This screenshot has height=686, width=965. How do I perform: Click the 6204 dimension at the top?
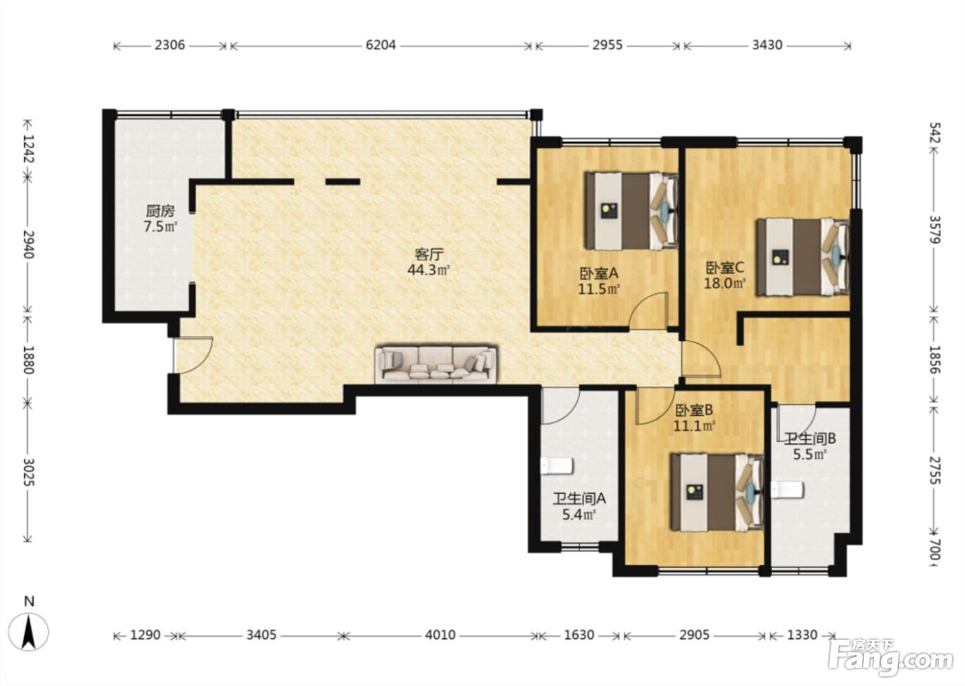[380, 45]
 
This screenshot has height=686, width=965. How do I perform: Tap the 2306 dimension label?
[170, 45]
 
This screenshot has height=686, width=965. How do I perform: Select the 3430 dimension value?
[767, 45]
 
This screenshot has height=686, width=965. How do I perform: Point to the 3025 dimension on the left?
[28, 472]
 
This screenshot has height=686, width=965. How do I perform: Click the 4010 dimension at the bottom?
[440, 635]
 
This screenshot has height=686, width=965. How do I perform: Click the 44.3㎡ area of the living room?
[429, 270]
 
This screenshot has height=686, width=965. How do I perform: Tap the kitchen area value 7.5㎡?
[160, 227]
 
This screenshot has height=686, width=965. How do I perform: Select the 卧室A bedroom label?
[599, 273]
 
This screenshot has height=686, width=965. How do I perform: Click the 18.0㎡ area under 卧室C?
[725, 283]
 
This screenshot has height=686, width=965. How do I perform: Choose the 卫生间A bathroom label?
[580, 499]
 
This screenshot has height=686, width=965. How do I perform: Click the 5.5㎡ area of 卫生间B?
[810, 454]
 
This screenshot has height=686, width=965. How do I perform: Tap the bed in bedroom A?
[631, 211]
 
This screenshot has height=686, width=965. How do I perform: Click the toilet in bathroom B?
[787, 490]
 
